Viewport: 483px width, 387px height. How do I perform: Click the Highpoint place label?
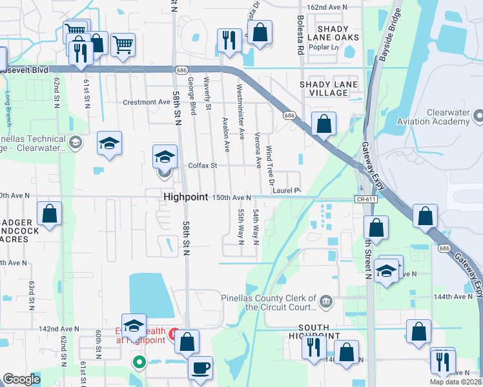185,197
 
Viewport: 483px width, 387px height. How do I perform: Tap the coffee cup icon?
200,367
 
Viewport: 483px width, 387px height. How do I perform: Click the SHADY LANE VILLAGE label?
324,88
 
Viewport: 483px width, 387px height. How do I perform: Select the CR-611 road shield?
365,199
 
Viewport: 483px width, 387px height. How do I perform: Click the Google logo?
21,379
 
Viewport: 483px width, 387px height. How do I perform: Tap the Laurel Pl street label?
287,190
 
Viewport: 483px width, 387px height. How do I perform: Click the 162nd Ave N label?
327,7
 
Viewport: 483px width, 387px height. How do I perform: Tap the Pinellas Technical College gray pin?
75,142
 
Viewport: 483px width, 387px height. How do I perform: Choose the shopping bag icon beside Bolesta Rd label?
260,32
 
